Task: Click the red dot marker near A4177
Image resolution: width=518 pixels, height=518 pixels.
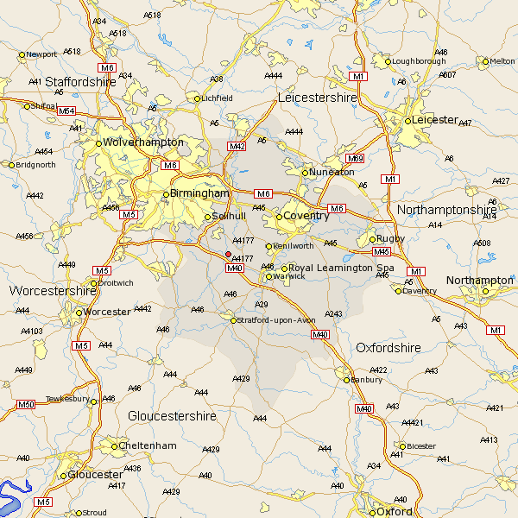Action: pos(228,254)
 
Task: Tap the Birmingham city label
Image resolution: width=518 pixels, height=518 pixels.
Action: pos(200,193)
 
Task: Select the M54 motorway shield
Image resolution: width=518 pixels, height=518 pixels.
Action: pos(66,111)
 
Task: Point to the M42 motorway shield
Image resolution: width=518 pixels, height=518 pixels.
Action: pos(237,147)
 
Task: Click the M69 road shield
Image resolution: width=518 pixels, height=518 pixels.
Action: pos(355,159)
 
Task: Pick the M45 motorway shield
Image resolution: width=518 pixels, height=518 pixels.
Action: pos(382,251)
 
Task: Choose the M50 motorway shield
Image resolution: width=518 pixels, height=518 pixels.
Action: pos(26,404)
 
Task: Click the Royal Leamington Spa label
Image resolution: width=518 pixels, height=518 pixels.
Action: pos(340,268)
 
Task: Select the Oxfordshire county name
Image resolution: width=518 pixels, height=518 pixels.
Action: pos(388,347)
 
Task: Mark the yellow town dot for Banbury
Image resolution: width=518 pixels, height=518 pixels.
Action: pos(347,379)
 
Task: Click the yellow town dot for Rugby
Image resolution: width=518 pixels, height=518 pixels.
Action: pos(372,239)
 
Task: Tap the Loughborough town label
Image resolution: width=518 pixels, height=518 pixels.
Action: pos(417,61)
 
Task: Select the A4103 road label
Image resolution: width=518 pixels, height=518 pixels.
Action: pos(32,331)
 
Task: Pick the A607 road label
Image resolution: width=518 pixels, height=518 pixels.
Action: pos(447,74)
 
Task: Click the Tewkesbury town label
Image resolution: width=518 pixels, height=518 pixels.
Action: pos(67,399)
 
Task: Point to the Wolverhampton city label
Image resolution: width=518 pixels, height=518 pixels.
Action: pos(143,142)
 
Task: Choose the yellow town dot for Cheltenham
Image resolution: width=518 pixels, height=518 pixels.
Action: pos(115,446)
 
